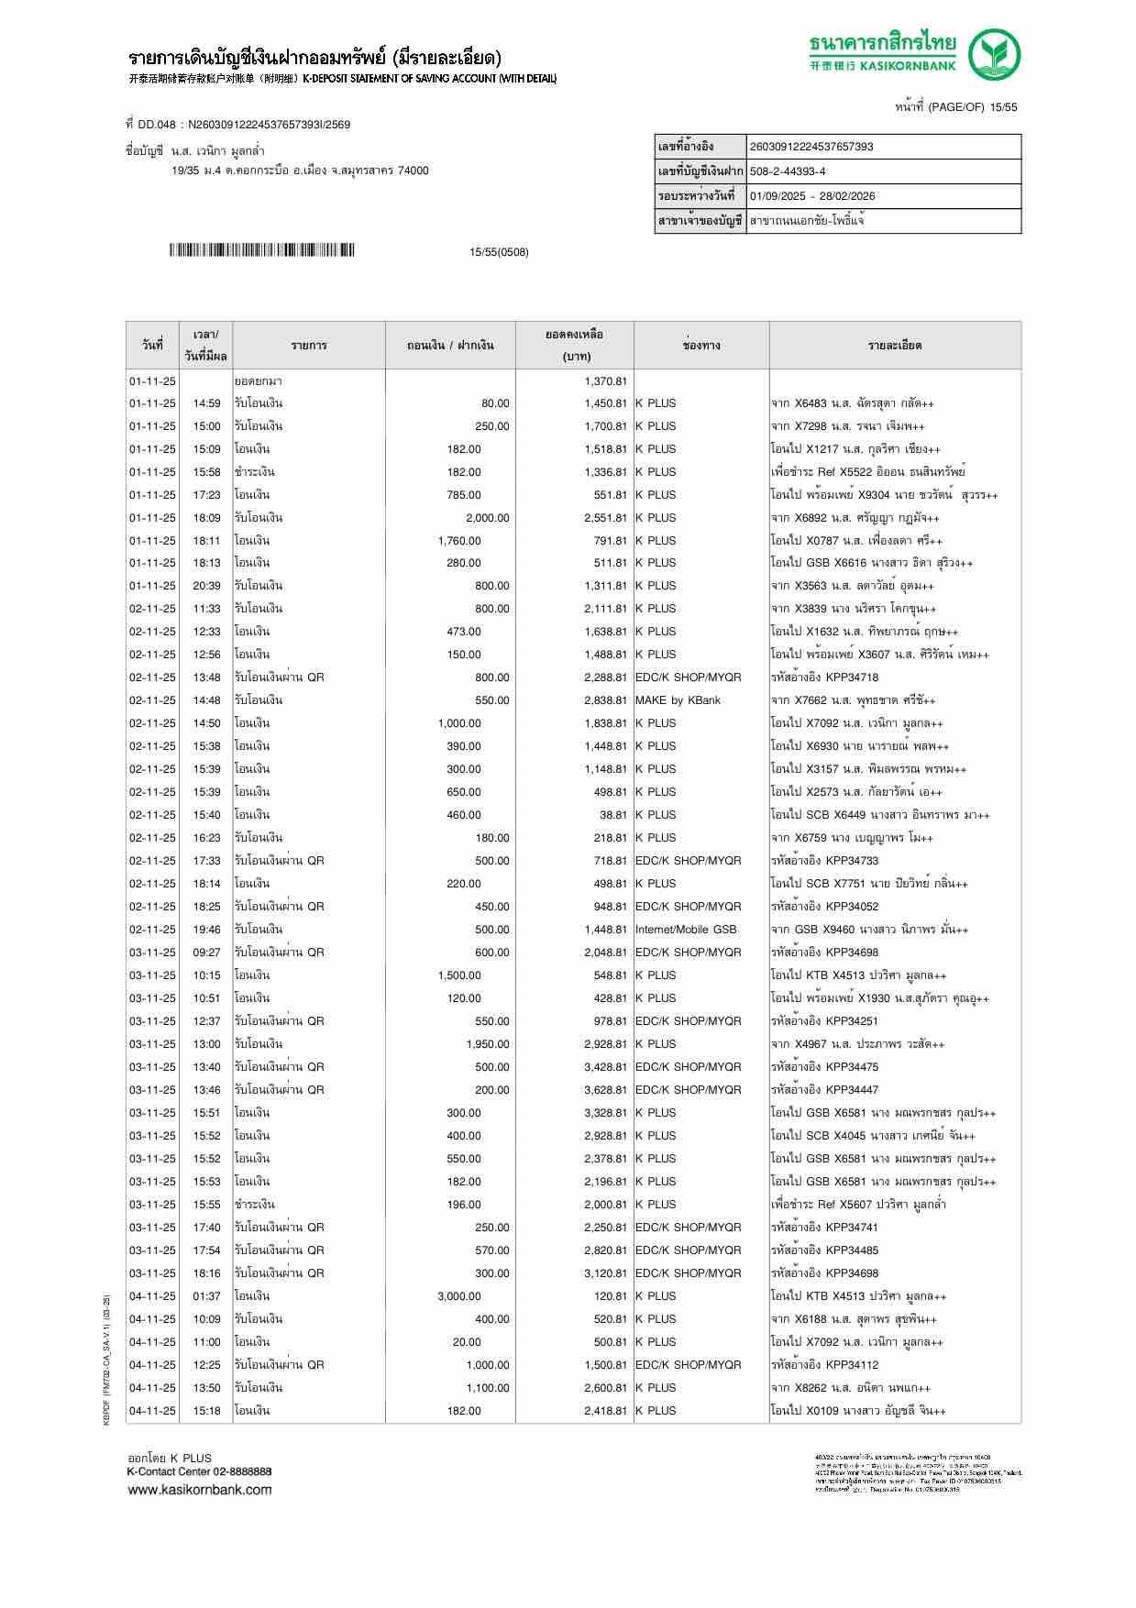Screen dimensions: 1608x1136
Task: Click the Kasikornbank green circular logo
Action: tap(996, 55)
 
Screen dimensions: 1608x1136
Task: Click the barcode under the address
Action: tap(261, 250)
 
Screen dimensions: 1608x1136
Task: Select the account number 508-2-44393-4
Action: tap(788, 171)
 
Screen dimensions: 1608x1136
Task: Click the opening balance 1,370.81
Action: tap(605, 380)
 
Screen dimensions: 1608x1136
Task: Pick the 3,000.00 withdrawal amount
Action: tap(459, 1296)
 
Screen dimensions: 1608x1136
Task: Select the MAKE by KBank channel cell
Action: tap(678, 700)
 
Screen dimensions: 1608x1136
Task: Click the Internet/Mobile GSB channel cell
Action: tap(686, 930)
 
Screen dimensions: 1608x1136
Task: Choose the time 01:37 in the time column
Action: tap(206, 1296)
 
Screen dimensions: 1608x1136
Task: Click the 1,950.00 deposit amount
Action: tap(488, 1044)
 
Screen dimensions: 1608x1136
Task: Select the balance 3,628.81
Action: tap(605, 1090)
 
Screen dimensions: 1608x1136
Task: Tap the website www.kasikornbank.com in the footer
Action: tap(199, 1490)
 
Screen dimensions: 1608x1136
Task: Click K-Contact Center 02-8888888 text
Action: tap(199, 1471)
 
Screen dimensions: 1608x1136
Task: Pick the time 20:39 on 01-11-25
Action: tap(206, 586)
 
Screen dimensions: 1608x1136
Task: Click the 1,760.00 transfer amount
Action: tap(459, 541)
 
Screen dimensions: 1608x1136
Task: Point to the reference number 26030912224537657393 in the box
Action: tap(811, 147)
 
